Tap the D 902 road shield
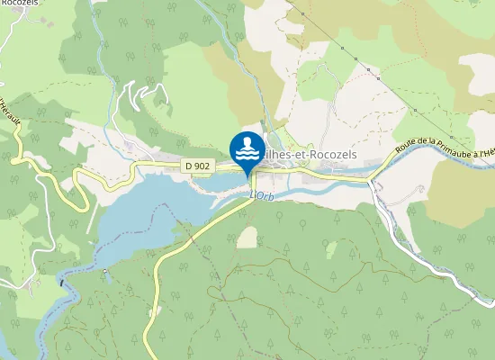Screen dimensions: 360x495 [x=198, y=166]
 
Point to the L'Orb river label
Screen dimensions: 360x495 [x=261, y=194]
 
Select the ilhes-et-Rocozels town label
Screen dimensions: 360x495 [x=311, y=155]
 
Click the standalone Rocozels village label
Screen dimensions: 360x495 [x=18, y=3]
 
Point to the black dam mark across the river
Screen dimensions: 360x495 [x=62, y=282]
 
